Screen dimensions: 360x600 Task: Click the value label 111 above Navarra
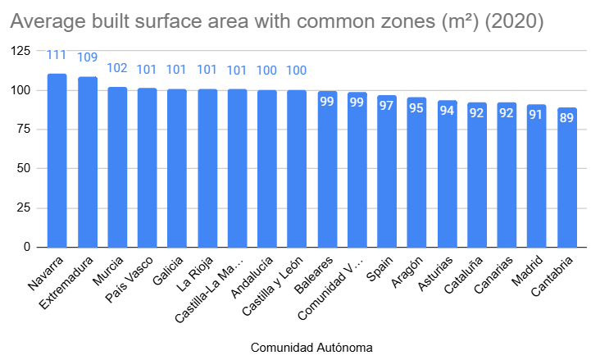point(57,56)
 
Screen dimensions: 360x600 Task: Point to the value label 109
point(87,57)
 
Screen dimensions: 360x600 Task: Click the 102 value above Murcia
point(117,68)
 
